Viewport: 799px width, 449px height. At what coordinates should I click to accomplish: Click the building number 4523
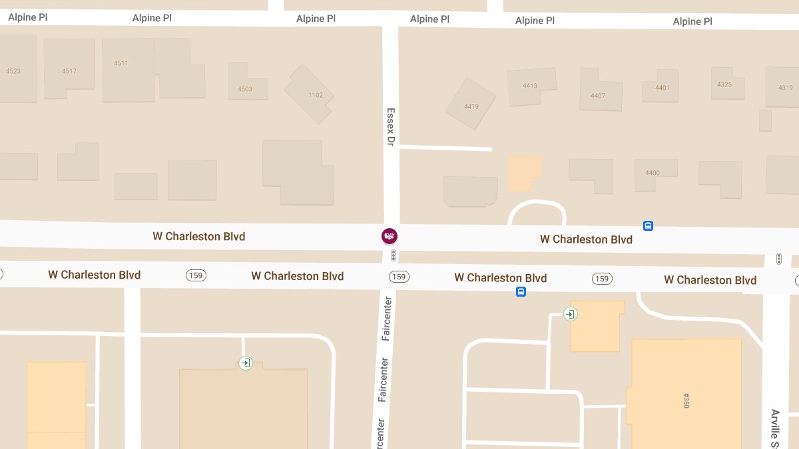pos(13,71)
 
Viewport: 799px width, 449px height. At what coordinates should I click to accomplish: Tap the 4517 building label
pos(69,71)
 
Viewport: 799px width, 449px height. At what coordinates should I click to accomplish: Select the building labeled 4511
pos(121,63)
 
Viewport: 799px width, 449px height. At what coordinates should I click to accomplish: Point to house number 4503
pos(245,89)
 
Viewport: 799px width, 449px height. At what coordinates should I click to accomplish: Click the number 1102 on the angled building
pos(316,95)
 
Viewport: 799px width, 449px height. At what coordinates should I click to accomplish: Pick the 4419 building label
pos(471,106)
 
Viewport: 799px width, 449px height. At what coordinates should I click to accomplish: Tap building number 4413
pos(530,86)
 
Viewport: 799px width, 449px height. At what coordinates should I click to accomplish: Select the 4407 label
pos(598,96)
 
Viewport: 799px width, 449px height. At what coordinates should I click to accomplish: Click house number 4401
pos(663,88)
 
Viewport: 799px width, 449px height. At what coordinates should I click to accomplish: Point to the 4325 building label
pos(724,84)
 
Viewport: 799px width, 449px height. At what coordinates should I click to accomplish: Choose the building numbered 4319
pos(786,88)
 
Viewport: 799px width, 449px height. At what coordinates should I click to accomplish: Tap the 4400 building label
pos(653,173)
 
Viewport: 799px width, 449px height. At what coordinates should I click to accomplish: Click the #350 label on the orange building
pos(686,400)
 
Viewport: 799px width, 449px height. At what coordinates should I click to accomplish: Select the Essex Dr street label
pos(391,126)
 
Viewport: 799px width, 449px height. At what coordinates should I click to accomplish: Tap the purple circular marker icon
pos(390,235)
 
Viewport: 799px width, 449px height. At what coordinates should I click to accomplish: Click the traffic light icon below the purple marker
pos(394,255)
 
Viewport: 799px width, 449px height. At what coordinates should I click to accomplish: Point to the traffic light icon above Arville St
pos(778,258)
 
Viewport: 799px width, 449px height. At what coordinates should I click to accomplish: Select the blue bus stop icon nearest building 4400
pos(648,226)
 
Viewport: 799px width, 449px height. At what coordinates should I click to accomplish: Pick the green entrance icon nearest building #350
pos(570,314)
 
